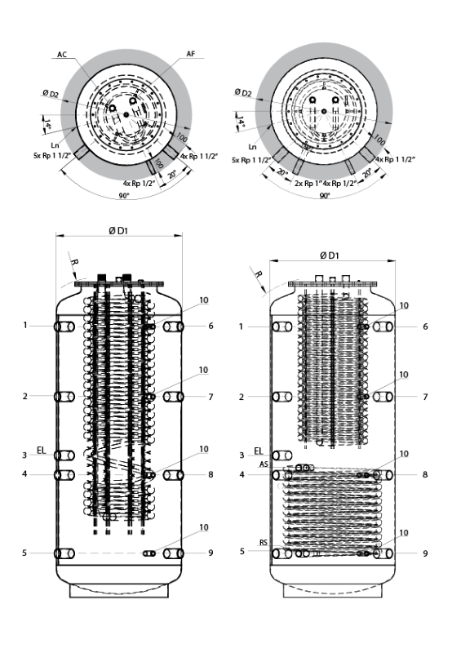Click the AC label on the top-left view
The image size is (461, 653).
coord(62,55)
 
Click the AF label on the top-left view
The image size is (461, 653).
coord(191,54)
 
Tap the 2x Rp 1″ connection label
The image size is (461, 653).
coord(308,183)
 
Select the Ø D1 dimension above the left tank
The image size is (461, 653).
coord(118,231)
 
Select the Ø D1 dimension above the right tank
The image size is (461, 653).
coord(330,255)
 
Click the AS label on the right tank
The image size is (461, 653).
coord(264,464)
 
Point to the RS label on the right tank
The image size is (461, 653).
coord(264,543)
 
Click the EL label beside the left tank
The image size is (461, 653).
coord(42,451)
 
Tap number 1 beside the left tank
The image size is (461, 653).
coord(25,325)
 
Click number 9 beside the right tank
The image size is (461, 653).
coord(425,553)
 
